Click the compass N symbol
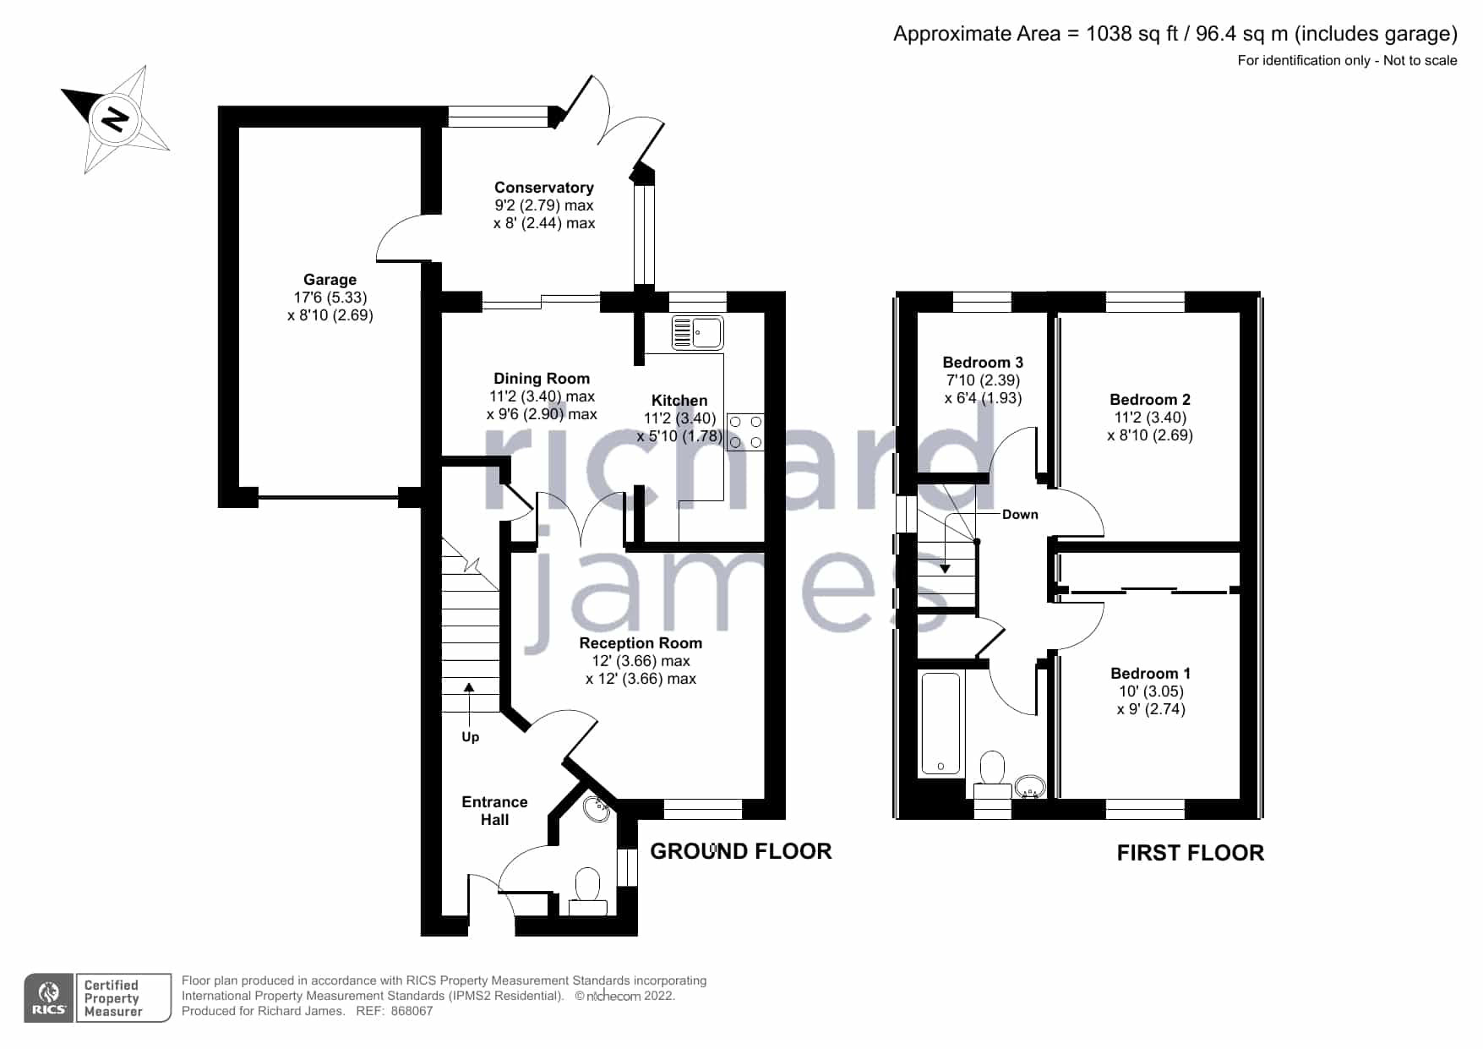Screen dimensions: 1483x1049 [115, 119]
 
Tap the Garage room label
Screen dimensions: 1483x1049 [330, 280]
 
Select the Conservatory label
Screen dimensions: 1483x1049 [544, 188]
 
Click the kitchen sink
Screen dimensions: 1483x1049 [697, 333]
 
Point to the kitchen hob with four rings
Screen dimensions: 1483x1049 [745, 431]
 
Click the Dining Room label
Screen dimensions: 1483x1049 [542, 379]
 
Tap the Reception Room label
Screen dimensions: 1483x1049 [641, 643]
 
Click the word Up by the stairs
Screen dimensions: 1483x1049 [471, 737]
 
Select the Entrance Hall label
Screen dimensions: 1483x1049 [494, 811]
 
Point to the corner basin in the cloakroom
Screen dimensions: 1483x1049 [598, 808]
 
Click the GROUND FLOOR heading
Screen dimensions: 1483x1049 [741, 851]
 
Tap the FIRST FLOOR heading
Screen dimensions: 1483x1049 [1191, 853]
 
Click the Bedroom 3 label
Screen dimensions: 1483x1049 [983, 363]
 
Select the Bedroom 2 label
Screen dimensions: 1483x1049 [1150, 400]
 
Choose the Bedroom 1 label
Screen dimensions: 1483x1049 [1151, 674]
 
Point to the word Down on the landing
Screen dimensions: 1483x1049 [1020, 514]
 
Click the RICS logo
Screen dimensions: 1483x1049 [50, 998]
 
